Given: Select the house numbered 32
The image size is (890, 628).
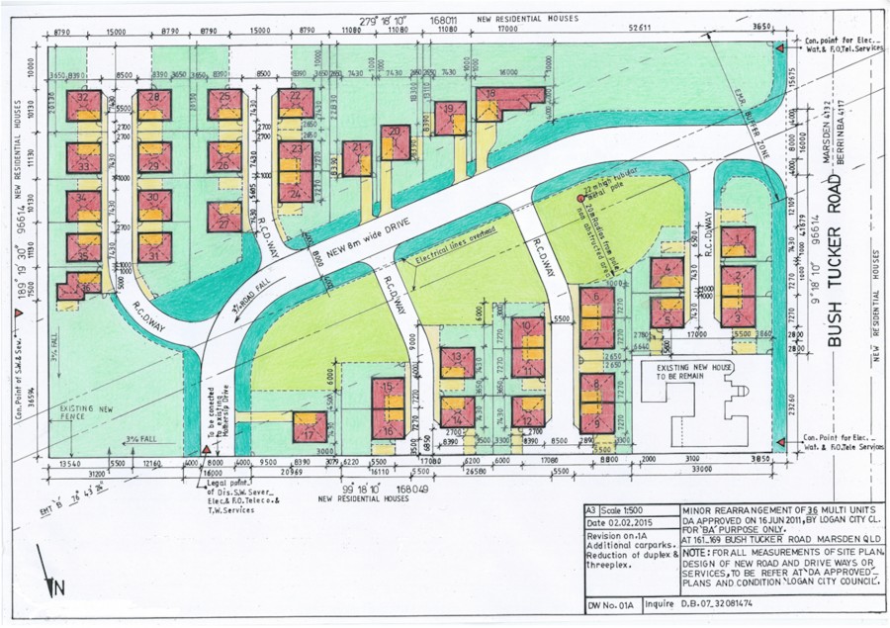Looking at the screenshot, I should pos(84,105).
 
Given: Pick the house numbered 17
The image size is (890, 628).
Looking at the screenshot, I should pos(310,428).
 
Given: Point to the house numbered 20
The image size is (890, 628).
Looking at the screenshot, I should pos(395,141).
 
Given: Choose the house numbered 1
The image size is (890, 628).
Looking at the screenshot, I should pos(738,241).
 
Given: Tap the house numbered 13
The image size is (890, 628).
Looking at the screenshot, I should pos(457,364).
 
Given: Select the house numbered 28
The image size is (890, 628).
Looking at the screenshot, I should pos(154,104).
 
